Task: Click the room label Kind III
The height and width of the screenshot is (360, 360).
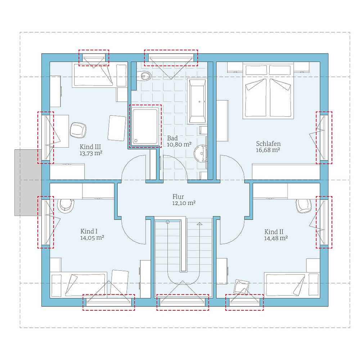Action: (90, 147)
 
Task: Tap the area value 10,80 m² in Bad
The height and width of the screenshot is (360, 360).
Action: (179, 144)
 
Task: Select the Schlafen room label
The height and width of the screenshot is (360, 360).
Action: (268, 144)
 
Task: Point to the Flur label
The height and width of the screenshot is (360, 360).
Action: (178, 197)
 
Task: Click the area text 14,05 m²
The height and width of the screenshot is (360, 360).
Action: (92, 238)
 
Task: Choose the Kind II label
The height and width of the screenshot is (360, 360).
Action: (274, 231)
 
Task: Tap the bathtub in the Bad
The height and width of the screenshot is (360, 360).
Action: (197, 101)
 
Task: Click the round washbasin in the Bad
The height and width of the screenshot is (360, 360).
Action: (201, 153)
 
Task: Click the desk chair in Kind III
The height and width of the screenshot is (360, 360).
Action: (78, 130)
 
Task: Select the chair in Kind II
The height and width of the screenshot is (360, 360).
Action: (304, 206)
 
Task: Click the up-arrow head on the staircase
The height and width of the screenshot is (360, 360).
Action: (199, 224)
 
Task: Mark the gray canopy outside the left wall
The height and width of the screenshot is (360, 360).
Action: (28, 183)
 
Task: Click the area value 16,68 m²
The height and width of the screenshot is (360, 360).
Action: (268, 150)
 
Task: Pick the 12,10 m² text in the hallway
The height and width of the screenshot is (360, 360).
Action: (184, 203)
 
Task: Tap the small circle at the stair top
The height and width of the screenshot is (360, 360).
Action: (168, 222)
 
